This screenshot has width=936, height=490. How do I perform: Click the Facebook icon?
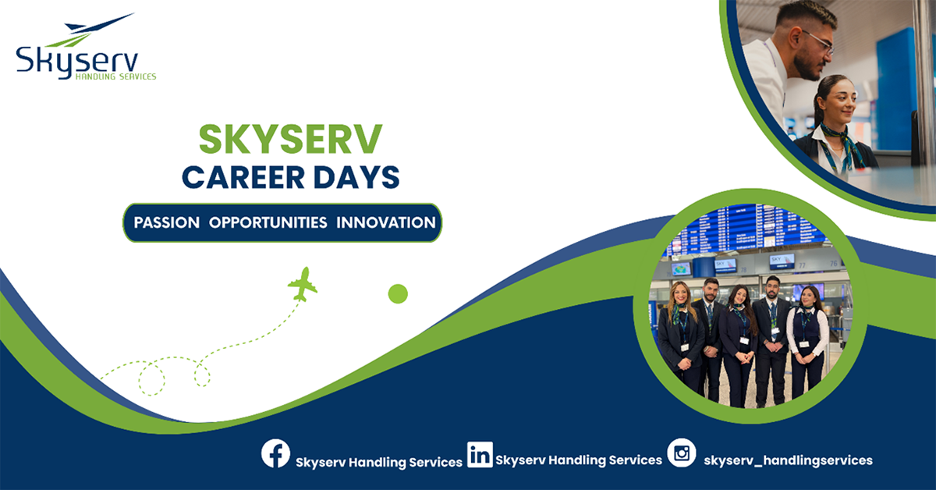(275, 454)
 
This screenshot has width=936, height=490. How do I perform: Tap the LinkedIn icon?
(480, 454)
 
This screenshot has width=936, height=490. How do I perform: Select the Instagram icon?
(682, 453)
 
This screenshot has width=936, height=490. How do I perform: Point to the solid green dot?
(398, 293)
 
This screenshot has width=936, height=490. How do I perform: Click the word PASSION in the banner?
(166, 222)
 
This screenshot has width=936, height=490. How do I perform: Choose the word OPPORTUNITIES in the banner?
(268, 222)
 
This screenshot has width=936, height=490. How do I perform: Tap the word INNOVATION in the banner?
(386, 222)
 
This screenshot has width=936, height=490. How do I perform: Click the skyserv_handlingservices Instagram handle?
(788, 460)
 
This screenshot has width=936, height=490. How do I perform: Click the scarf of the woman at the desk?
(841, 140)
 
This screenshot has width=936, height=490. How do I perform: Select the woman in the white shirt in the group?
(807, 336)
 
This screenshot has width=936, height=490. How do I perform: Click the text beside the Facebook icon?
(379, 462)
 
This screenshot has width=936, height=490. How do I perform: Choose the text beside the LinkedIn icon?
(579, 460)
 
